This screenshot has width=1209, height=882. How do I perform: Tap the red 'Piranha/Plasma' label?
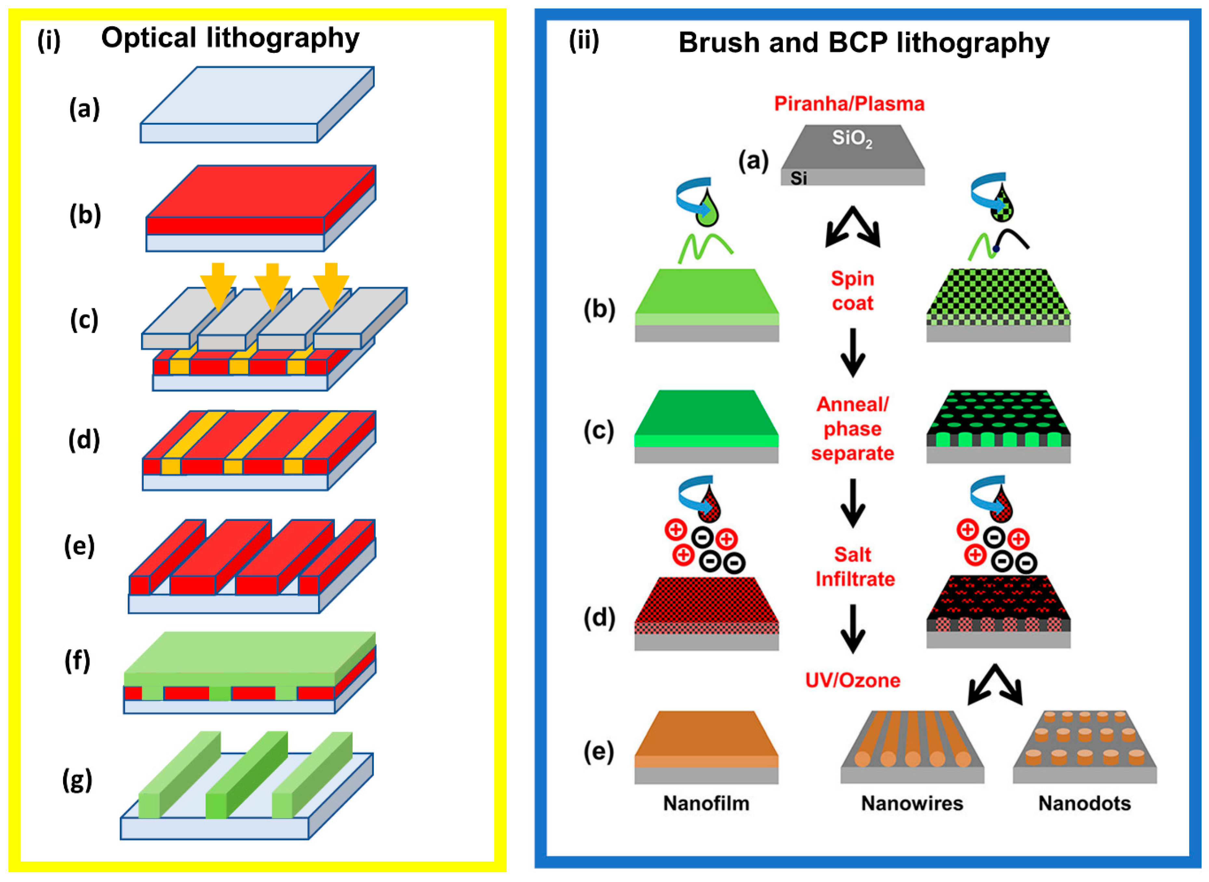click(849, 103)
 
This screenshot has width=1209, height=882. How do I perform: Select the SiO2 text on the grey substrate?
click(852, 139)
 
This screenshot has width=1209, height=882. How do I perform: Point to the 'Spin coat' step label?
click(852, 291)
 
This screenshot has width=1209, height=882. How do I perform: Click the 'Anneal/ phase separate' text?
click(852, 429)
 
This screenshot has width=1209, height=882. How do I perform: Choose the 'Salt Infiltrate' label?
click(854, 567)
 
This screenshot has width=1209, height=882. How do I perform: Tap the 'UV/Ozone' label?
click(852, 680)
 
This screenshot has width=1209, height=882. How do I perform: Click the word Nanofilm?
click(706, 803)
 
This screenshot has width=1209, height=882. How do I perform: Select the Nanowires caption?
click(912, 803)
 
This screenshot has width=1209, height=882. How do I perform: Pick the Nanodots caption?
click(1084, 803)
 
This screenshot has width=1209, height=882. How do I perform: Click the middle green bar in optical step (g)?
click(246, 774)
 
